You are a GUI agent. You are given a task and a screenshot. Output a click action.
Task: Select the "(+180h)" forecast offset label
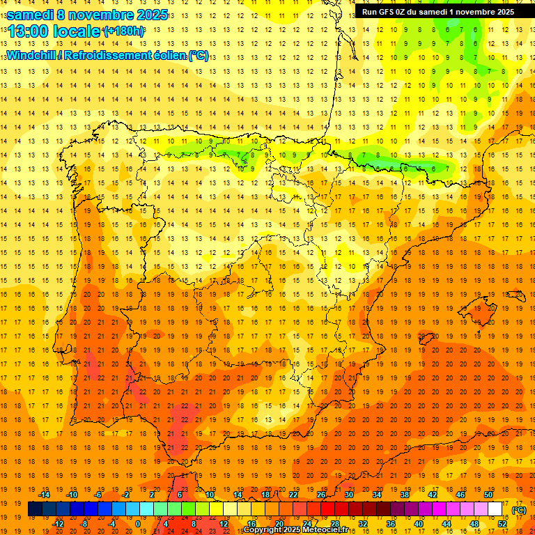click(123, 31)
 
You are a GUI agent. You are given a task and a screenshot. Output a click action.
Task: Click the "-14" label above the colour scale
click(45, 495)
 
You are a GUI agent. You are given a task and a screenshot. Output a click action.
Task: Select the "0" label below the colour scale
click(138, 524)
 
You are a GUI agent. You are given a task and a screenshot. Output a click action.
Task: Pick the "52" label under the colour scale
click(502, 524)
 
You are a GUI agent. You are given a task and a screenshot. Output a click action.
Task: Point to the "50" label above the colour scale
click(488, 495)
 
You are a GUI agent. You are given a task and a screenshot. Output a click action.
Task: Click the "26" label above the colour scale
click(321, 495)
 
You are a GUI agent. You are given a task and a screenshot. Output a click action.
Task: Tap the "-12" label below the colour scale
click(59, 524)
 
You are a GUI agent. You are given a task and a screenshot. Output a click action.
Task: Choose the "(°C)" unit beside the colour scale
click(519, 510)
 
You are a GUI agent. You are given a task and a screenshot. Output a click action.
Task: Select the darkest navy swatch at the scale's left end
click(35, 509)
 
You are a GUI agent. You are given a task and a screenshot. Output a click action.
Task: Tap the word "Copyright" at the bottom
click(263, 530)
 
